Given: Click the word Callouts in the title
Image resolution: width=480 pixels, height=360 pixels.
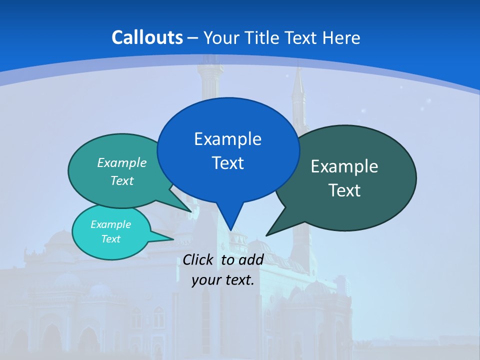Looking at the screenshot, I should [147, 37].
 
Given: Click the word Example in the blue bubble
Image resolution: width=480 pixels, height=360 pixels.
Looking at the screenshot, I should [227, 139].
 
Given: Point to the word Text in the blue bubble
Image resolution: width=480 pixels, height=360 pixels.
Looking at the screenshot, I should [227, 163].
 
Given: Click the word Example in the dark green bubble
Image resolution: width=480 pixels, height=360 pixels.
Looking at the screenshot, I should [344, 166].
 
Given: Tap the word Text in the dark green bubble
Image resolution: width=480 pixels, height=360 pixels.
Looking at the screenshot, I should [344, 190].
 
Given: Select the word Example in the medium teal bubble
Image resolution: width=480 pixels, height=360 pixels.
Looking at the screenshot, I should [122, 163].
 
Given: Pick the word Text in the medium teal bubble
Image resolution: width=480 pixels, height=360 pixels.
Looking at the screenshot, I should [122, 180].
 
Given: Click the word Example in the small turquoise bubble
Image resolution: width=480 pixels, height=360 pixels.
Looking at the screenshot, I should [110, 224].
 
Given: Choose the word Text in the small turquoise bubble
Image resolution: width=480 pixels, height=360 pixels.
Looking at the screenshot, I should [110, 239].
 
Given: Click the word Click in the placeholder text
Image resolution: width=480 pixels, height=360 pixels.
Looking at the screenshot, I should [199, 259].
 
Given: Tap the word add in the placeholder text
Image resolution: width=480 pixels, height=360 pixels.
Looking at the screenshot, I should [251, 259].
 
